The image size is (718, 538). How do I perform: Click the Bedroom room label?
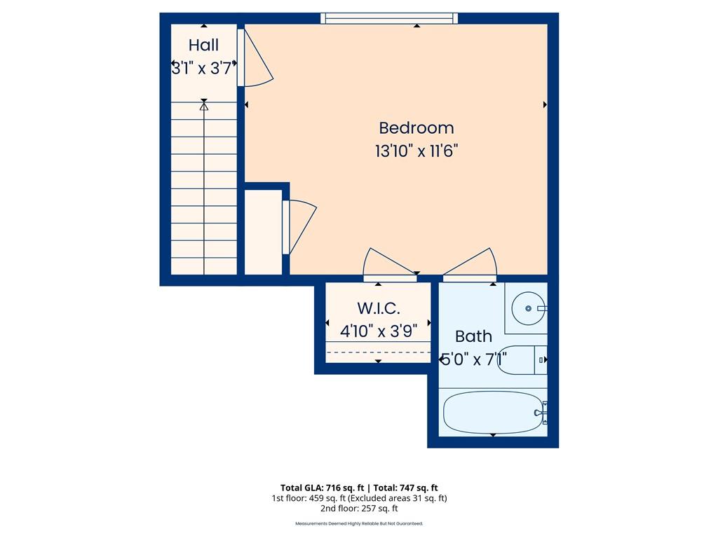pyautogui.click(x=416, y=128)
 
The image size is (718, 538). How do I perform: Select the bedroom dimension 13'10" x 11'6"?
pyautogui.click(x=416, y=151)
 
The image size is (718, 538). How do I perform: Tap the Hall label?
pyautogui.click(x=203, y=46)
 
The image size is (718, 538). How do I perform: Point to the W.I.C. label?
pyautogui.click(x=379, y=308)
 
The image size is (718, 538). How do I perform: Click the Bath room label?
pyautogui.click(x=474, y=336)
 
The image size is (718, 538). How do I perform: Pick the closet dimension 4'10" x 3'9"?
pyautogui.click(x=379, y=330)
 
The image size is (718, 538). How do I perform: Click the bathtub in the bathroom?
pyautogui.click(x=491, y=413)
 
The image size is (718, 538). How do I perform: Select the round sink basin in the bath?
pyautogui.click(x=528, y=308)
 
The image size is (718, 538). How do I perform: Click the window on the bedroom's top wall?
pyautogui.click(x=389, y=18)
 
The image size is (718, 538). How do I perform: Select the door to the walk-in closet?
pyautogui.click(x=388, y=263)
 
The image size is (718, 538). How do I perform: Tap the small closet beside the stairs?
pyautogui.click(x=262, y=231)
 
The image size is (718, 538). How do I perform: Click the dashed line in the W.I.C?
pyautogui.click(x=379, y=352)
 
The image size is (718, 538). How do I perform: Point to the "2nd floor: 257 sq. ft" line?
pyautogui.click(x=359, y=509)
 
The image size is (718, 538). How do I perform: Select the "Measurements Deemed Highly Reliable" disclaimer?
pyautogui.click(x=359, y=523)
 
